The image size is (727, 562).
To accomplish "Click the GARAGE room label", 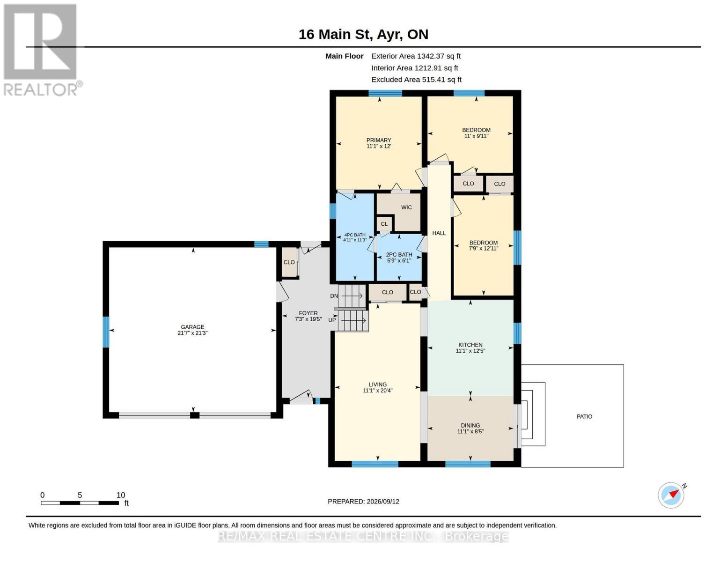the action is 192,327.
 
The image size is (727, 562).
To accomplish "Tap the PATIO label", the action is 584,416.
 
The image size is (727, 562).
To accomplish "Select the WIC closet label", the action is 406,207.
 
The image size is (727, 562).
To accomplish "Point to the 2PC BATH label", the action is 399,255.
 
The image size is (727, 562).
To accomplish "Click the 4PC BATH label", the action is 355,235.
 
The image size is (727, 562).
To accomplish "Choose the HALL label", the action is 439,233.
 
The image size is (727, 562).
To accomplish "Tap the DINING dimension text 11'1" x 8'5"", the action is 470,431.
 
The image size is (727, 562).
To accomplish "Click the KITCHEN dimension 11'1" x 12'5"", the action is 470,351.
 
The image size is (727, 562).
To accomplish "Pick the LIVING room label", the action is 378,385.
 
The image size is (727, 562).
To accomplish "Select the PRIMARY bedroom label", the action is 379,140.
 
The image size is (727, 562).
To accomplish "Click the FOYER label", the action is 308,313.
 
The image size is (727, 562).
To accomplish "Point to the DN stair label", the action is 334,296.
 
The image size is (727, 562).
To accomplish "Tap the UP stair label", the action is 332,320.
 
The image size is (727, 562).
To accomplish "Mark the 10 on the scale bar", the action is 121,495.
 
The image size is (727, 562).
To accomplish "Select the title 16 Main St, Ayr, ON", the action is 363,34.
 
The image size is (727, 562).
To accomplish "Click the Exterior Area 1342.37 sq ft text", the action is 416,56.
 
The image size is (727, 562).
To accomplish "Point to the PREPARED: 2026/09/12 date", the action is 363,502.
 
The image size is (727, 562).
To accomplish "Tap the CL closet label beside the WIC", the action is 384,224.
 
